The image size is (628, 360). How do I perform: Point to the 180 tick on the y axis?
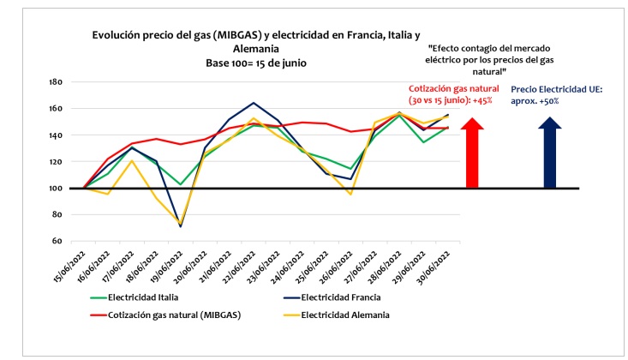57,82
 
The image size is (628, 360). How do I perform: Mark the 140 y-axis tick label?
57,135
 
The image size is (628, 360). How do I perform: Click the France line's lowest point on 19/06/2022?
180,226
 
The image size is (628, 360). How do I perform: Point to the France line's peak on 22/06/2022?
254,103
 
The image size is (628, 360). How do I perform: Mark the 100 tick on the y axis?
57,188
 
